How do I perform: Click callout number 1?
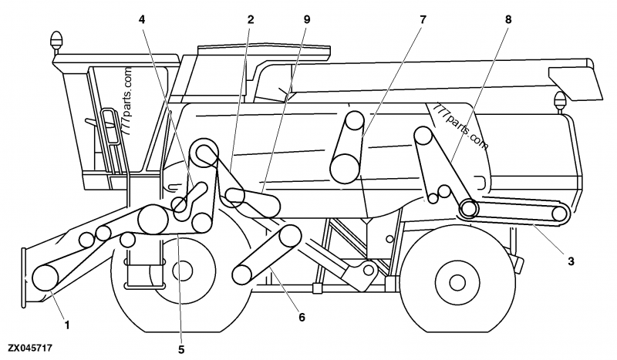[x=67, y=325]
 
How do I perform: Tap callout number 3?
[x=571, y=262]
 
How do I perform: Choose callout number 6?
[x=302, y=317]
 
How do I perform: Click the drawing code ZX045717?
[x=31, y=349]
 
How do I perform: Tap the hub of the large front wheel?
[x=184, y=271]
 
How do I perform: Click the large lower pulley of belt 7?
[x=344, y=166]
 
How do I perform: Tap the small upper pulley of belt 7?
[x=354, y=121]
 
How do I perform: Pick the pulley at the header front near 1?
[x=45, y=275]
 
